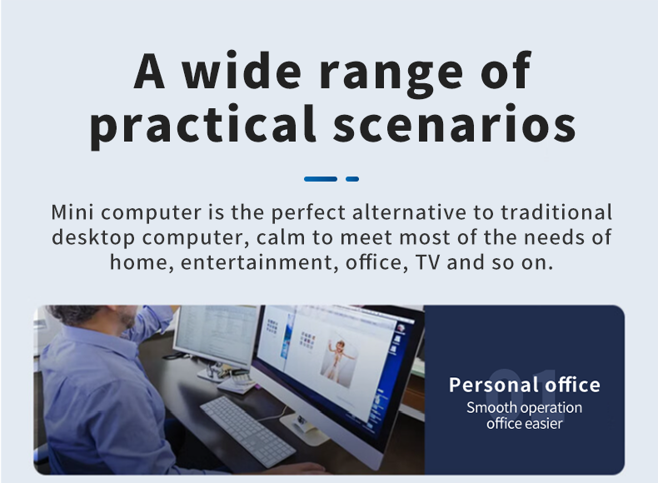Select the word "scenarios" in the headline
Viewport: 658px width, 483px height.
click(455, 122)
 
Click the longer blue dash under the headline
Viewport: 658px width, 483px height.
click(321, 179)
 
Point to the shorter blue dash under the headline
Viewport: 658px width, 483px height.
click(352, 179)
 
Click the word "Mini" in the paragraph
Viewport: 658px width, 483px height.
click(72, 212)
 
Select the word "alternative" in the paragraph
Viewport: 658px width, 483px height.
click(409, 212)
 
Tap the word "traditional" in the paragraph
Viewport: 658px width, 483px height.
click(556, 212)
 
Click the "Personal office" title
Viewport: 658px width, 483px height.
click(525, 385)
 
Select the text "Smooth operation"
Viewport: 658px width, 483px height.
click(524, 408)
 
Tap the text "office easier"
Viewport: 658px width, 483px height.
click(525, 423)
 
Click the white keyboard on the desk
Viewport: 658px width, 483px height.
click(248, 431)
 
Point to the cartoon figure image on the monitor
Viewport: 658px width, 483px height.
click(340, 360)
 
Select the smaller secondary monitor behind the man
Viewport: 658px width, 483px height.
click(215, 335)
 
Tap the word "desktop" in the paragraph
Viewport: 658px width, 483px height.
click(93, 238)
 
